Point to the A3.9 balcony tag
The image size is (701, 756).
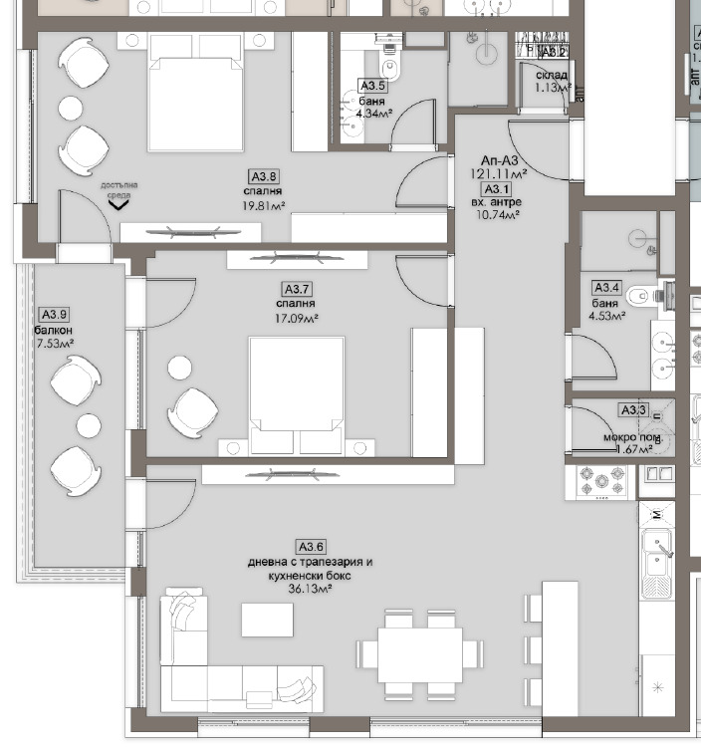click(x=52, y=315)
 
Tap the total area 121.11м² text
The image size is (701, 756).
click(x=498, y=172)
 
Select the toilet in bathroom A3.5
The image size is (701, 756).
click(x=391, y=70)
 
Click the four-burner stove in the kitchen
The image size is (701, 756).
click(x=601, y=482)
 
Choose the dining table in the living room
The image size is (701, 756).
click(x=419, y=653)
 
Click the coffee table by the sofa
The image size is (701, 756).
click(x=267, y=620)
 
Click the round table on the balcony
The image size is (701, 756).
click(x=90, y=426)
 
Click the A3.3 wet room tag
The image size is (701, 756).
click(x=633, y=409)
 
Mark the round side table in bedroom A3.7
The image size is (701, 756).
click(x=179, y=368)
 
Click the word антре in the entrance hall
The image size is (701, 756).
click(x=507, y=201)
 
